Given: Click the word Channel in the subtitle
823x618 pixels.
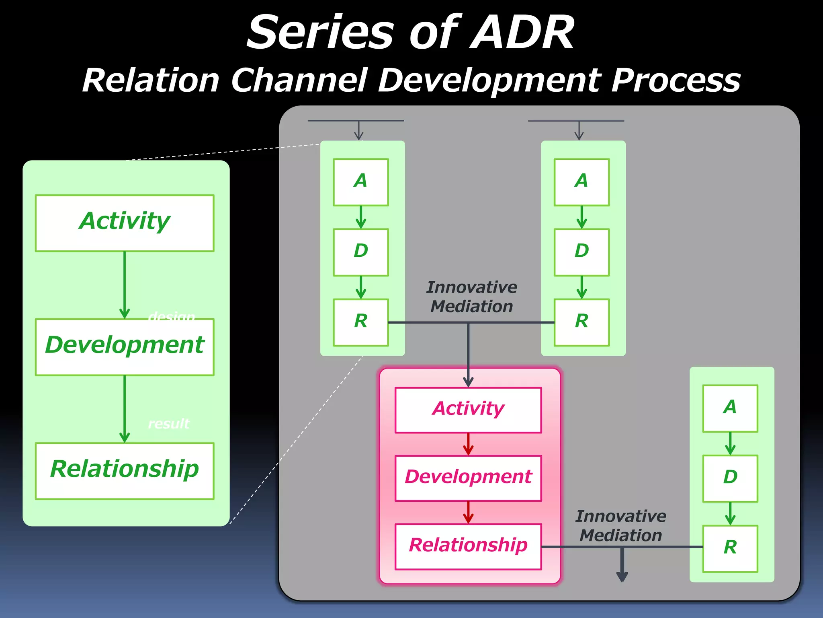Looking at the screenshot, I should [299, 80].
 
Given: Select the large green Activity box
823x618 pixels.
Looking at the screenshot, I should [125, 223].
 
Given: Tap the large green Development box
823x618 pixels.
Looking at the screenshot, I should [125, 347].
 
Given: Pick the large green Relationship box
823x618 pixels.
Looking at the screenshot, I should [125, 471].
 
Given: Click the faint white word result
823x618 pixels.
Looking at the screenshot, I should [168, 424].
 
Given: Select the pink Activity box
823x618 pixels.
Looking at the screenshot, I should [468, 410].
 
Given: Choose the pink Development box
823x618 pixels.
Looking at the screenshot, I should [468, 478].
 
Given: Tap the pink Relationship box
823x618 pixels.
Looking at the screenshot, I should [468, 546].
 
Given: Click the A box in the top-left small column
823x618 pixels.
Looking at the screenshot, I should [360, 182].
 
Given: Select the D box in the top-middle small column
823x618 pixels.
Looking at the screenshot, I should [581, 252].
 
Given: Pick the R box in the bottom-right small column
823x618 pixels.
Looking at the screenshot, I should [730, 548].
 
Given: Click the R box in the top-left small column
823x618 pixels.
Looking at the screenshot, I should [360, 322].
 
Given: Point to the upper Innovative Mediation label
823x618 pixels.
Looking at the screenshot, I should [471, 297].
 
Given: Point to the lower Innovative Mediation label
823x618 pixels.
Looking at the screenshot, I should [620, 525].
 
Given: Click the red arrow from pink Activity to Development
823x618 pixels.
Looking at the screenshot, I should [468, 444].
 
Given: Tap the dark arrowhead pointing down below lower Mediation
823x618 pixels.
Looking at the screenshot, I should [622, 576].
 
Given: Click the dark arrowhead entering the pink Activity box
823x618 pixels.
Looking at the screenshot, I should [468, 381].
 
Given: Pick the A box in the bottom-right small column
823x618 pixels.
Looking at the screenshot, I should [730, 408].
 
